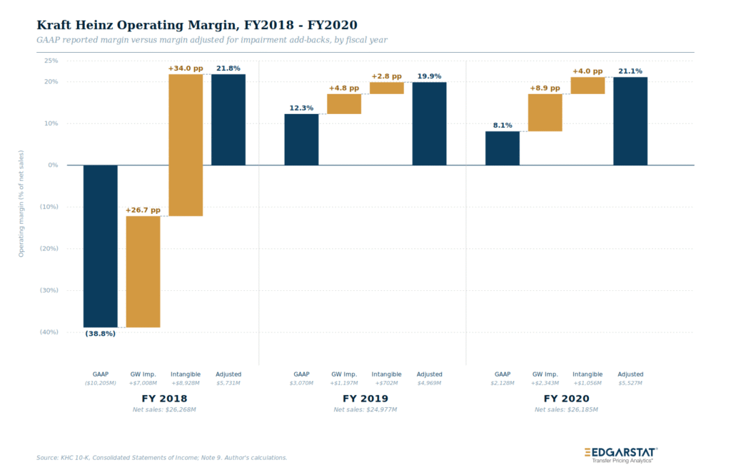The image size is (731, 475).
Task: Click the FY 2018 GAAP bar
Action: (x=100, y=246)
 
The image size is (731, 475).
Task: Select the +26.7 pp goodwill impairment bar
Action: (x=143, y=272)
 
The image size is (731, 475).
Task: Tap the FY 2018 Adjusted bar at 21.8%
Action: (x=228, y=120)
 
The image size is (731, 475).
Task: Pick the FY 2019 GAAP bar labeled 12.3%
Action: (x=302, y=139)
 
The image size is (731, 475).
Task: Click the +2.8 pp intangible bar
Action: (x=387, y=88)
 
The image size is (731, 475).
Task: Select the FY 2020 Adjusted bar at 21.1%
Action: (x=630, y=121)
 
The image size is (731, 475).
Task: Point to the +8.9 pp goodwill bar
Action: (x=545, y=113)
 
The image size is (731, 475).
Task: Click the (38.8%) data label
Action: (x=100, y=334)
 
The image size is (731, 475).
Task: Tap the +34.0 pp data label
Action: (x=186, y=68)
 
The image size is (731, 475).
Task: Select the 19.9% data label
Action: (x=429, y=76)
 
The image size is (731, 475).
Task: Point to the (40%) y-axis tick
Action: (x=49, y=332)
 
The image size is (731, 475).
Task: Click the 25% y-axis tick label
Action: (x=51, y=61)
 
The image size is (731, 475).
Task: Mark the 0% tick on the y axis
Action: (x=53, y=165)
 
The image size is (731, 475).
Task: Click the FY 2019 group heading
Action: (x=365, y=399)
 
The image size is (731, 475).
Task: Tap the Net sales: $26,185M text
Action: (x=566, y=410)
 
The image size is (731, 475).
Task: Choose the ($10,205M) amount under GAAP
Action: (x=100, y=383)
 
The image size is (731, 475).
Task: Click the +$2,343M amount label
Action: (x=545, y=383)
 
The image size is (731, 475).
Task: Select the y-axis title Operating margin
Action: (x=21, y=203)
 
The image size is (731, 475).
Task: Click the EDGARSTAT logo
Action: (x=621, y=455)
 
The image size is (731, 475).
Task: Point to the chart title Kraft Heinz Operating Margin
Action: (x=197, y=25)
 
